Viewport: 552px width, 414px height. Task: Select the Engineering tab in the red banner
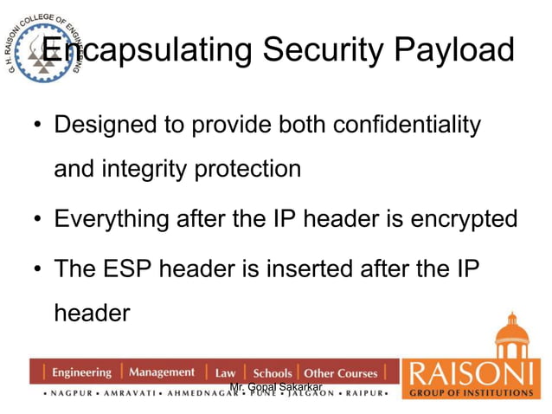tap(81, 372)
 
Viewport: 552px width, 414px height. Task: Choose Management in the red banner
tap(162, 372)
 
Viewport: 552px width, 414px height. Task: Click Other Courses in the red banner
tap(341, 373)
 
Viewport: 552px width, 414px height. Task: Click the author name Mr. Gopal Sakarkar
tap(276, 385)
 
